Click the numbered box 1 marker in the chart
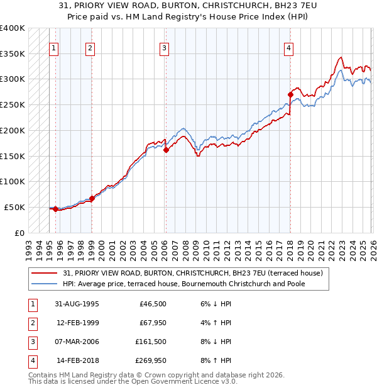click(x=54, y=48)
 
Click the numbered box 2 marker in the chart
click(x=90, y=48)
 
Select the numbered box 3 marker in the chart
click(x=164, y=48)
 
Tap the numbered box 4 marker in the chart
click(x=288, y=48)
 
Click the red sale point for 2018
click(x=290, y=95)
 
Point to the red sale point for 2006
click(x=166, y=150)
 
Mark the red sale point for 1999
click(x=92, y=198)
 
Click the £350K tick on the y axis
click(x=13, y=53)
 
